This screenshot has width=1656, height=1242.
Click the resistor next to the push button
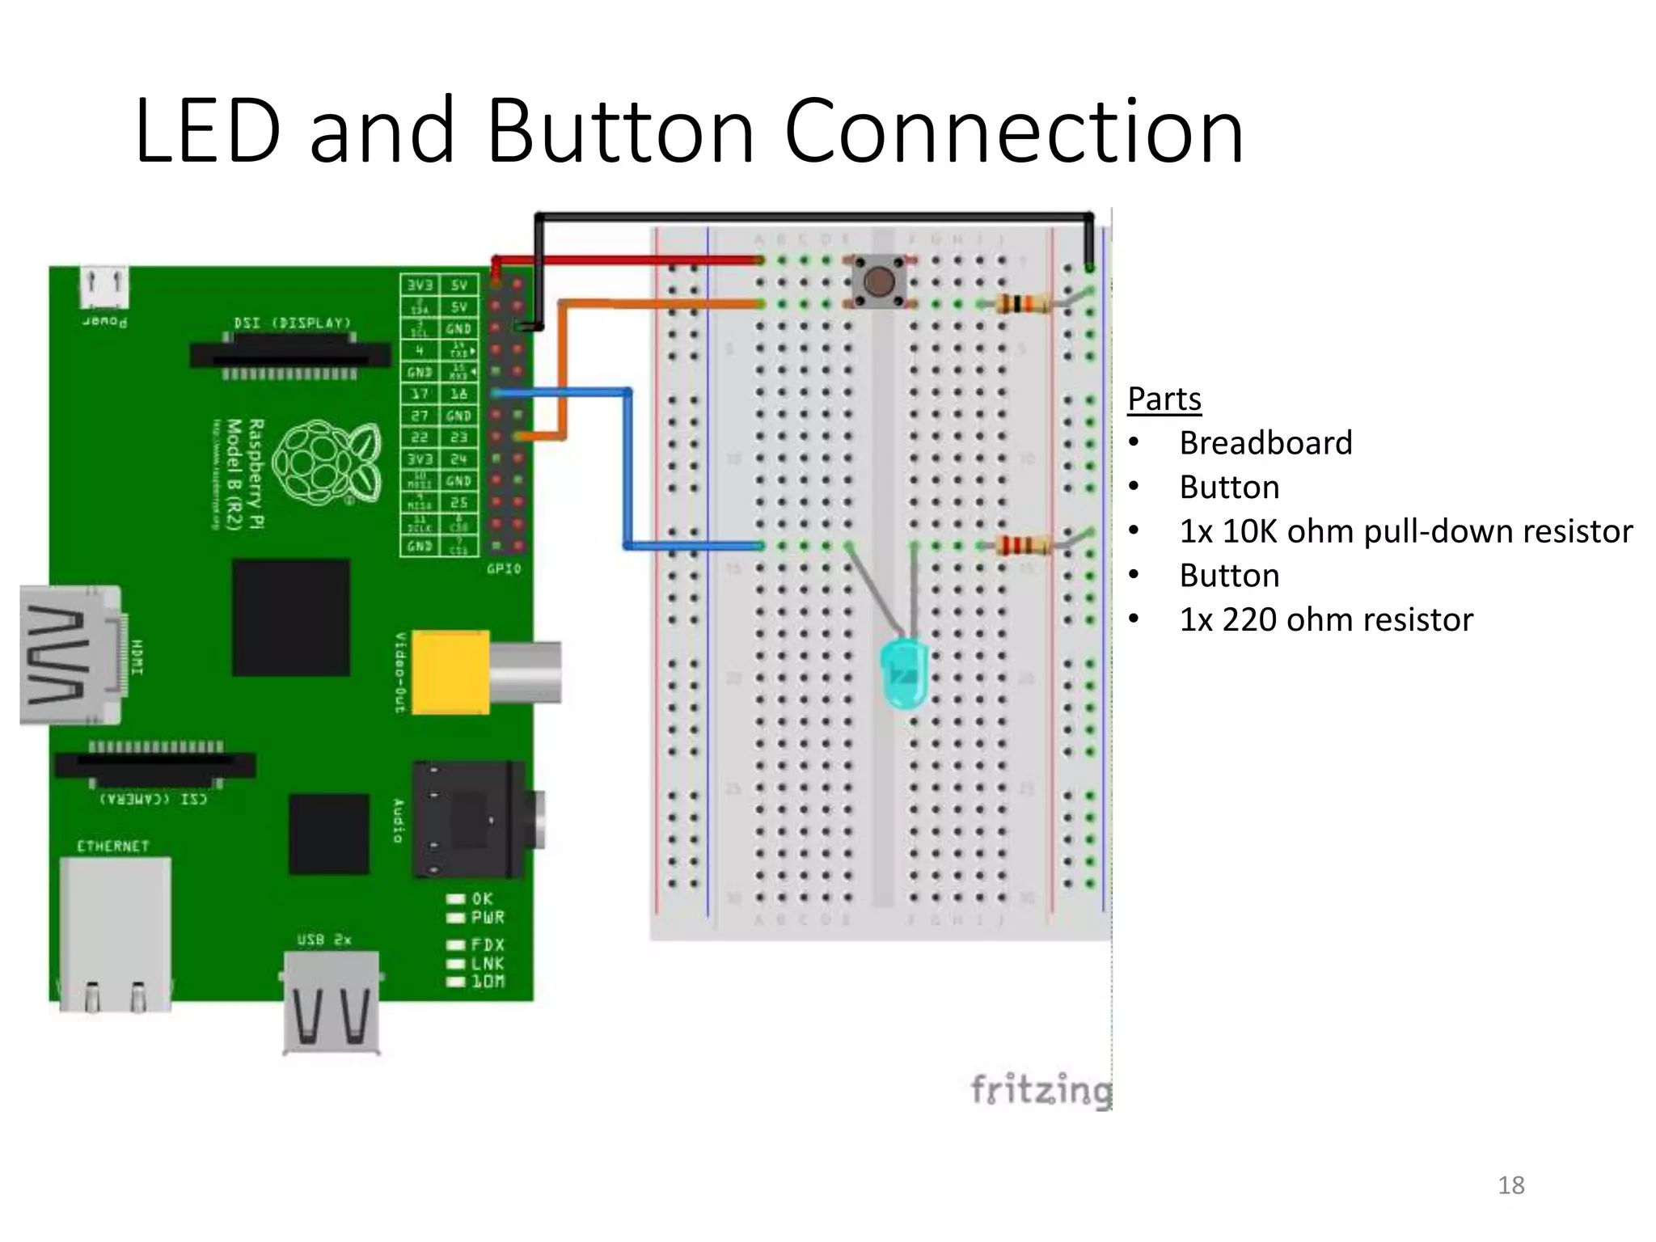tap(1020, 304)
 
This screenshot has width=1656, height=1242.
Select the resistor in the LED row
tap(1020, 545)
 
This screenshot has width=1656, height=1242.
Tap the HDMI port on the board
tap(71, 655)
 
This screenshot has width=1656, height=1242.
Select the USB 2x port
tap(332, 1003)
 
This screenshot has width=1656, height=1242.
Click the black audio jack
tap(469, 819)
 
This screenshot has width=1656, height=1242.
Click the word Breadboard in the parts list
tap(1265, 443)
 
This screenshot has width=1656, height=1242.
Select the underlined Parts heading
tap(1164, 399)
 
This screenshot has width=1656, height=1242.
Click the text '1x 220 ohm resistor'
tap(1325, 619)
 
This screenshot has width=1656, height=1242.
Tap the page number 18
tap(1510, 1185)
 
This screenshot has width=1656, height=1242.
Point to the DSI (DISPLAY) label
tap(292, 323)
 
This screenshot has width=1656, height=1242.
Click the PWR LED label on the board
tap(488, 918)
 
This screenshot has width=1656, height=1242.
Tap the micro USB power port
tap(104, 287)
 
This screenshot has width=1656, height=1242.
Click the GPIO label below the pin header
tap(504, 569)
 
